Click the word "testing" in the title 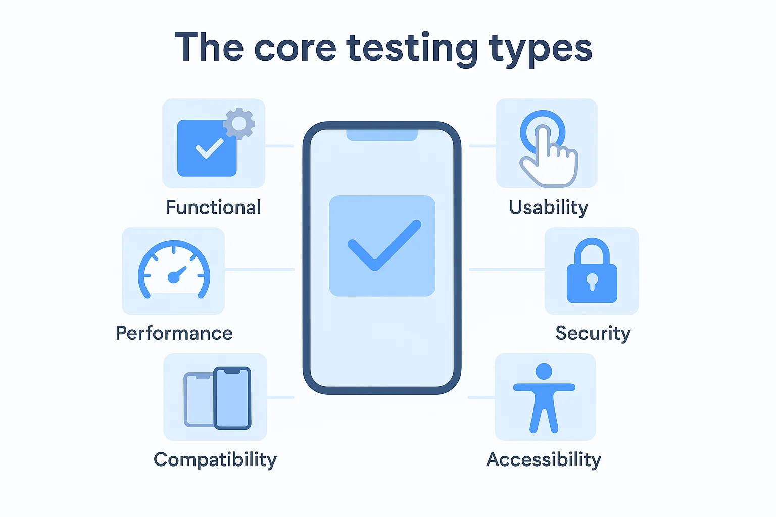pos(412,48)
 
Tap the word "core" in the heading pos(295,48)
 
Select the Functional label pos(213,208)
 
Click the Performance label pos(174,333)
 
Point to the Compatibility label pos(215,459)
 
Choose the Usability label pos(549,208)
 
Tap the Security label pos(593,333)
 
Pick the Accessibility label pos(544,459)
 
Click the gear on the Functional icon pos(239,123)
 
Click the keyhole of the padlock pos(592,281)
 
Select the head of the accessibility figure pos(544,371)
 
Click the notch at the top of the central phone pos(382,135)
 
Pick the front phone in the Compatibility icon pos(232,398)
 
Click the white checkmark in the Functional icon pos(209,148)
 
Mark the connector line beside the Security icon pos(506,270)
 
